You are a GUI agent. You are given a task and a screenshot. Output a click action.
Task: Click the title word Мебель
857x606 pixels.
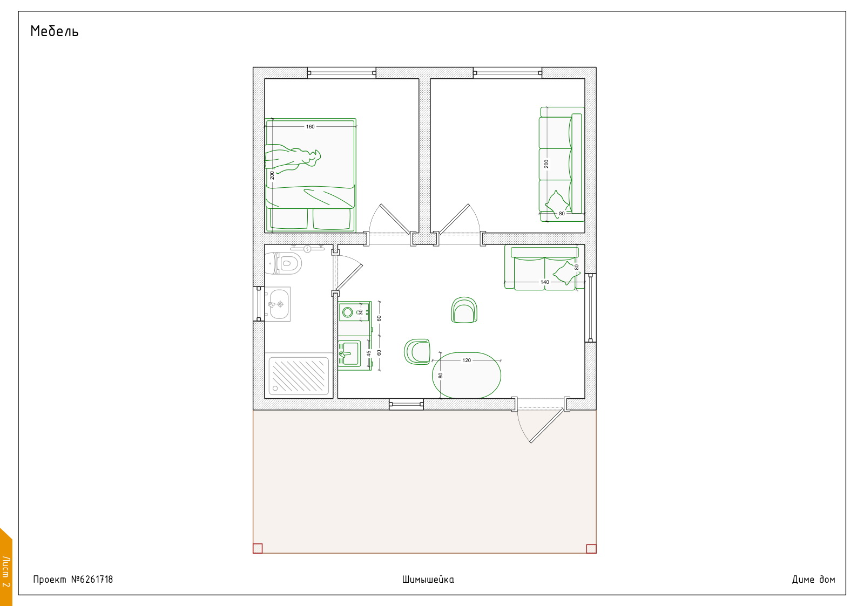(x=55, y=31)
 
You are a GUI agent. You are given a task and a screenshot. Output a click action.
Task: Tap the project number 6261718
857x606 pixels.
(x=92, y=579)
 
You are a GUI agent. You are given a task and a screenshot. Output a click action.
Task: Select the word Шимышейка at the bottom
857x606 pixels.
(x=428, y=580)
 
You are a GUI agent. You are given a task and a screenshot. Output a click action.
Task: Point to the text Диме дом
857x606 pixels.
(x=813, y=580)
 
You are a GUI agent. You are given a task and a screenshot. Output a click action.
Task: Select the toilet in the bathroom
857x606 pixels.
(x=283, y=263)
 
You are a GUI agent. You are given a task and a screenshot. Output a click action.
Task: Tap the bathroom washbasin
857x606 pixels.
(x=278, y=304)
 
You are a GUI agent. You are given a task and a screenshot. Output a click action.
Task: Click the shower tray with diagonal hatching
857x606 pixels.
(x=299, y=376)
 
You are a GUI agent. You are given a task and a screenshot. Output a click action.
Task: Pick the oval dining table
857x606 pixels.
(x=467, y=376)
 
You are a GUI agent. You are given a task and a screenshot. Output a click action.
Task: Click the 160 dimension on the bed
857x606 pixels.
(x=311, y=127)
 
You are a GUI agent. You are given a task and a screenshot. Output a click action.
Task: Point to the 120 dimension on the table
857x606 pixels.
(x=467, y=360)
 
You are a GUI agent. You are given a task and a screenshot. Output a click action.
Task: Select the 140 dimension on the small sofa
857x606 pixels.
(x=544, y=282)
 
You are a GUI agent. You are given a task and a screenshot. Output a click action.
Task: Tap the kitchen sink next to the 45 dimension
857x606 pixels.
(x=349, y=353)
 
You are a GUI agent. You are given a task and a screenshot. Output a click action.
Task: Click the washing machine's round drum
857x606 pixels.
(x=347, y=312)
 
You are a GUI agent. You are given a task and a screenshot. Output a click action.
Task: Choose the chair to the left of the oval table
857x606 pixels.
(x=417, y=351)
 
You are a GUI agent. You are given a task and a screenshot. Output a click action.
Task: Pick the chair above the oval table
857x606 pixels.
(x=464, y=310)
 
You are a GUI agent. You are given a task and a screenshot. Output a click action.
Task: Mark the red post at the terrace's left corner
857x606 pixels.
(x=258, y=548)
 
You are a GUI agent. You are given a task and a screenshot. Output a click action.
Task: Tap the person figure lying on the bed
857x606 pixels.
(x=293, y=158)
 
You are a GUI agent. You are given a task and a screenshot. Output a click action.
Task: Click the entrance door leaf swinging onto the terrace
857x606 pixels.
(x=546, y=426)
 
